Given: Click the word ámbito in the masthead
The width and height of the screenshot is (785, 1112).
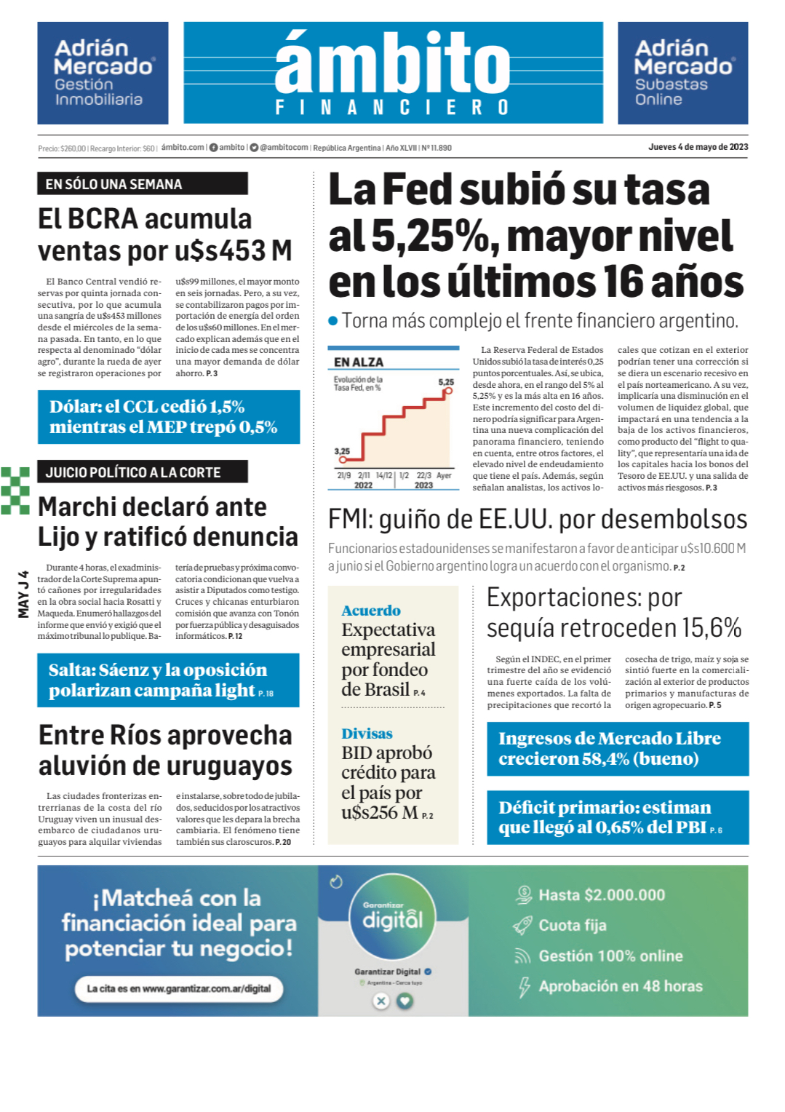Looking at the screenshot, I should point(393,62).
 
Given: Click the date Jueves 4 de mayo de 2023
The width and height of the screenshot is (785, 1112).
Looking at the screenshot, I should point(698,147).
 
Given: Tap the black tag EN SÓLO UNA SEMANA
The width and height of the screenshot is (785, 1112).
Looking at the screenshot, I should point(143,184).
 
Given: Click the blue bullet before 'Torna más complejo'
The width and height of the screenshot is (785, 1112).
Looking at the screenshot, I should point(333,320).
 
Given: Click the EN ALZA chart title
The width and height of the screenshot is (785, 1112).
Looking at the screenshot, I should point(359,362).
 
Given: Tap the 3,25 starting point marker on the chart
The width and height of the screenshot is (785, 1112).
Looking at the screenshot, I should point(343,460).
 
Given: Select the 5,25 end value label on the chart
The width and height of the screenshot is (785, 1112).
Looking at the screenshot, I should point(446,381).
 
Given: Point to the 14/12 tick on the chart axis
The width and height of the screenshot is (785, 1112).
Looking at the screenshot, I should point(383,475).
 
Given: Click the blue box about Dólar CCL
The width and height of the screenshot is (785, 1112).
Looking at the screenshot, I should point(169,417).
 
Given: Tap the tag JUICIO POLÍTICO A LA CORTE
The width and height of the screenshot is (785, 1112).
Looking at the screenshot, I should point(143,472).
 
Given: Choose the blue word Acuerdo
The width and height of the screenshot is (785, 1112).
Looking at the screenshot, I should point(371,611).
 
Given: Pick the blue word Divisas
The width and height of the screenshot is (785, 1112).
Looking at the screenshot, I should point(367,734).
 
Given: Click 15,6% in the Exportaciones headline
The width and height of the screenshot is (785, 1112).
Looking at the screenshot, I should point(712,628).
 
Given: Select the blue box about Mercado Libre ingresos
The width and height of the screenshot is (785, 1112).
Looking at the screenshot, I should point(618,749).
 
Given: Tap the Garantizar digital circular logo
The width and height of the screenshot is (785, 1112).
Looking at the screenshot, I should point(393,918).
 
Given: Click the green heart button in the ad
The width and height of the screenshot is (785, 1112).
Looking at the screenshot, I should point(405,1001).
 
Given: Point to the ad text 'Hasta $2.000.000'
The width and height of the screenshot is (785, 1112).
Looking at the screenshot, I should point(601,895).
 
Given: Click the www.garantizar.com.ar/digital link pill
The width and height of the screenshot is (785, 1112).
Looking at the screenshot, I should point(179,989).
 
